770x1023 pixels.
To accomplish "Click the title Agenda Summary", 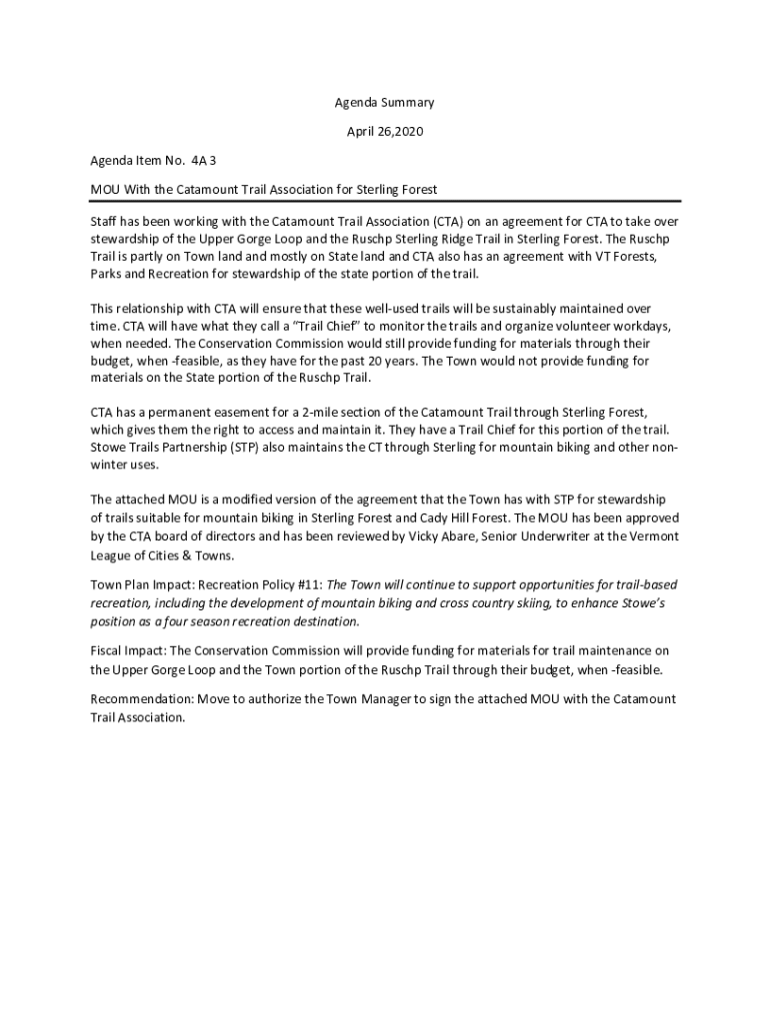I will click(384, 103).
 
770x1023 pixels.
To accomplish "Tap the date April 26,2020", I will click(384, 131).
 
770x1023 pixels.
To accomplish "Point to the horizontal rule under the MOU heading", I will click(385, 202).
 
